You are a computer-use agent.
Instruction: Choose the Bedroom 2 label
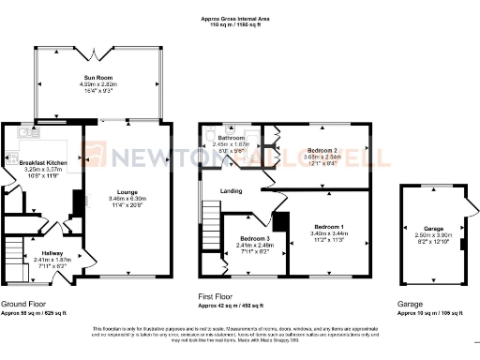(322, 150)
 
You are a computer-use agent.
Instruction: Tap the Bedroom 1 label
(328, 228)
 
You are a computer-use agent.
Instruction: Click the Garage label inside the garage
(432, 228)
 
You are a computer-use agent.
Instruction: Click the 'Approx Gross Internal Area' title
(239, 17)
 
